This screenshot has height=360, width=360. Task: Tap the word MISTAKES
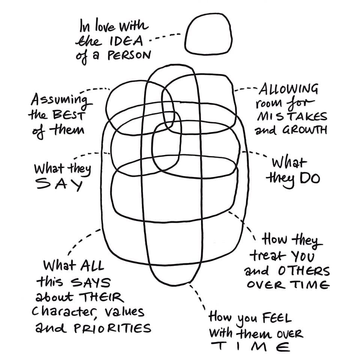pos(292,116)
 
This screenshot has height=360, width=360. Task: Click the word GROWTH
pos(305,130)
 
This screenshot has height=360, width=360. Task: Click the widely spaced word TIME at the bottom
pos(250,347)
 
